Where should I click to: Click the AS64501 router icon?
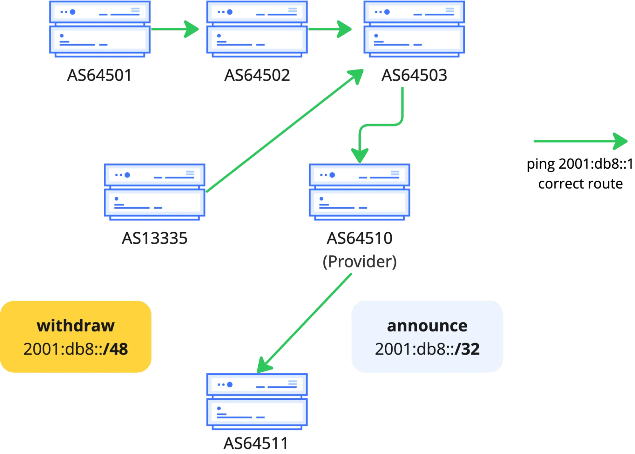pyautogui.click(x=100, y=29)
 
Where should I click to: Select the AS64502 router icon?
pyautogui.click(x=257, y=29)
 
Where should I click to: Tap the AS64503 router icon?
pyautogui.click(x=414, y=29)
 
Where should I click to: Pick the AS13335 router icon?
pyautogui.click(x=154, y=192)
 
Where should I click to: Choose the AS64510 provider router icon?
pyautogui.click(x=359, y=192)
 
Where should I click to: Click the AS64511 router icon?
pyautogui.click(x=257, y=401)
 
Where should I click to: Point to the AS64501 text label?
pyautogui.click(x=100, y=75)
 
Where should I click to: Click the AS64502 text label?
pyautogui.click(x=257, y=75)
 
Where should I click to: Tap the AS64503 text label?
pyautogui.click(x=414, y=75)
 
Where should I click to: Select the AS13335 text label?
pyautogui.click(x=155, y=238)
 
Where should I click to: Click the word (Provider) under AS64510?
pyautogui.click(x=360, y=262)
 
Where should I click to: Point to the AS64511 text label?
pyautogui.click(x=256, y=443)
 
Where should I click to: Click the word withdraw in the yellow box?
pyautogui.click(x=76, y=326)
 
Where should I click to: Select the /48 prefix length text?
pyautogui.click(x=116, y=349)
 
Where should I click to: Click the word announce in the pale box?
pyautogui.click(x=427, y=326)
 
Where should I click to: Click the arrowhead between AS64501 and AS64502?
pyautogui.click(x=192, y=29)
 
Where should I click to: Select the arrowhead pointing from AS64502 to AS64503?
pyautogui.click(x=344, y=29)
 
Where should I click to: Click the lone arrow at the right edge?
pyautogui.click(x=580, y=142)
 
